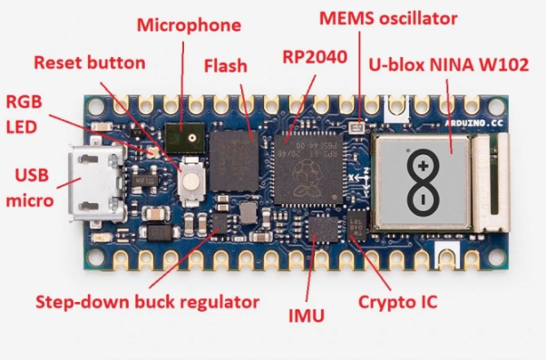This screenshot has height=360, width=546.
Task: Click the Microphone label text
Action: click(x=189, y=25)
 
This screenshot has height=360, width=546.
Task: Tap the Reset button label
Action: click(x=90, y=63)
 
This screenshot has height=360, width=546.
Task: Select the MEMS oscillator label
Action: click(x=388, y=18)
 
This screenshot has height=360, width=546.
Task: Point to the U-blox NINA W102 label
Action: click(x=448, y=64)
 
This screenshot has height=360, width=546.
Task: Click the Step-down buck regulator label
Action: click(x=148, y=302)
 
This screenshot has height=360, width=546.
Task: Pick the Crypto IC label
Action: click(x=397, y=302)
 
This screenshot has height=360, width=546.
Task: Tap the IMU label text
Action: click(x=307, y=316)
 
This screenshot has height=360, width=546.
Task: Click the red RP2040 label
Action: click(x=315, y=57)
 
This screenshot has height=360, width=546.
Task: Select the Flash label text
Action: click(x=226, y=66)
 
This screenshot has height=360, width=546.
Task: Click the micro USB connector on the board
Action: click(x=96, y=183)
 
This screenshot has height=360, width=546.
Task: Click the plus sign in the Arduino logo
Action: click(x=423, y=166)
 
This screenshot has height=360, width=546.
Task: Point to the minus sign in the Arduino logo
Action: click(x=423, y=199)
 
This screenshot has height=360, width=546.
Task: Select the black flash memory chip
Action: click(x=234, y=161)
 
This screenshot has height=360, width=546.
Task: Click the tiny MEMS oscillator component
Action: click(x=356, y=128)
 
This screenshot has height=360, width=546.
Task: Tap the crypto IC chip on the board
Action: click(x=357, y=226)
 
